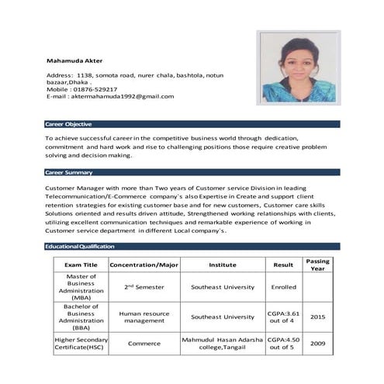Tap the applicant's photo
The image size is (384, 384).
tap(299, 69)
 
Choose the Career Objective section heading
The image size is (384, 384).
tap(69, 124)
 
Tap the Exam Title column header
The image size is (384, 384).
tap(80, 265)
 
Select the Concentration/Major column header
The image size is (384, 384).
tap(144, 265)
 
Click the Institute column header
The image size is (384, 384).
tap(223, 265)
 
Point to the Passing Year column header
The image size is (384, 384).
tap(317, 265)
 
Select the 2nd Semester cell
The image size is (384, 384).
tap(144, 286)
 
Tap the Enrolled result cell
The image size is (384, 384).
tap(282, 286)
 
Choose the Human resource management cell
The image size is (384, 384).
tap(144, 317)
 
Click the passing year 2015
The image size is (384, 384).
tap(317, 317)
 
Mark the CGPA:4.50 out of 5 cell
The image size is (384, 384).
tap(282, 343)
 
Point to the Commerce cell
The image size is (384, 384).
tap(144, 343)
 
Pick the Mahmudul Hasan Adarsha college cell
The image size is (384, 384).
tap(223, 343)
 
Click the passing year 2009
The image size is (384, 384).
tap(317, 343)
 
